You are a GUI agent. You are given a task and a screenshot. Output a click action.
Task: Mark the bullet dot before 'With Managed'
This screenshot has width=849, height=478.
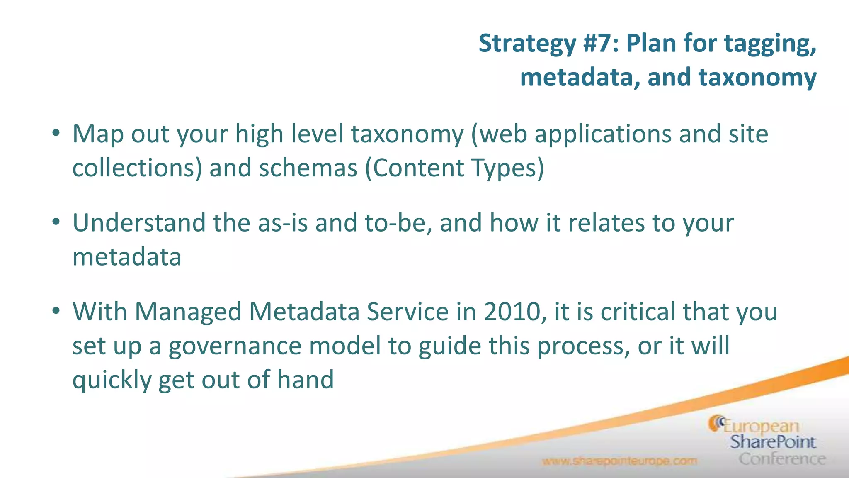click(57, 311)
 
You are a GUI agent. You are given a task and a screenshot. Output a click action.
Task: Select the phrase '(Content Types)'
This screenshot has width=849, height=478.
click(454, 168)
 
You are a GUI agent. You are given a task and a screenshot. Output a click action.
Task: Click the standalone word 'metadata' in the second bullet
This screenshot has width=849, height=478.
click(127, 257)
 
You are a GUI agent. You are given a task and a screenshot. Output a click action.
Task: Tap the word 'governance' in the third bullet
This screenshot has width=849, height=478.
click(235, 346)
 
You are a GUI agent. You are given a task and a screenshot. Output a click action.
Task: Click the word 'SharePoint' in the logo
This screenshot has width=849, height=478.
click(773, 442)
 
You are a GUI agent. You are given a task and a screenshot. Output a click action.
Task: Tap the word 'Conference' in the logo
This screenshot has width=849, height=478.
click(782, 459)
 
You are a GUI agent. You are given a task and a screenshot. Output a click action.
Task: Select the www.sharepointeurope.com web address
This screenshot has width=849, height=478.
click(619, 461)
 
